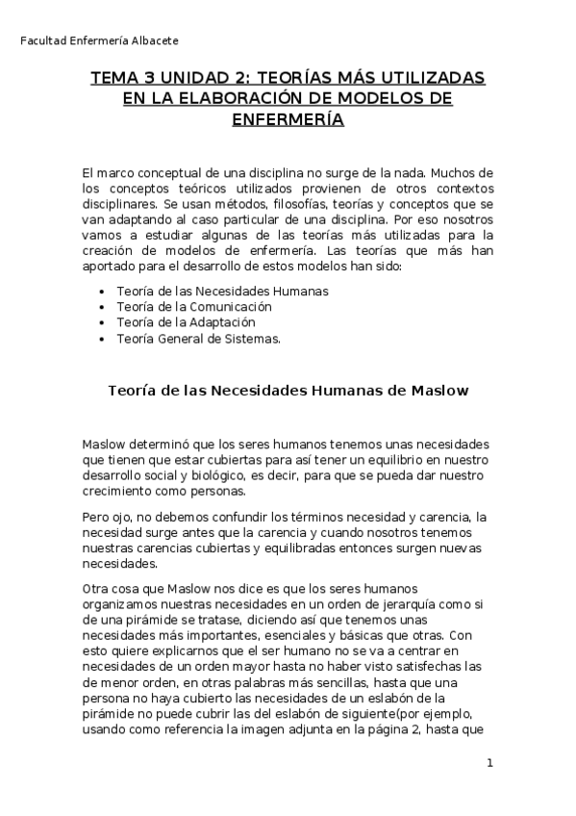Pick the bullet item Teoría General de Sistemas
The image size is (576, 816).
(199, 338)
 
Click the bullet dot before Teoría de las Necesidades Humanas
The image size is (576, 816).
(102, 291)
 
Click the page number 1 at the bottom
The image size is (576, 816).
(489, 764)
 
